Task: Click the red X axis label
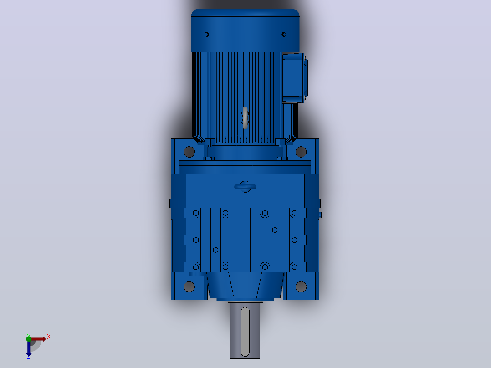[x=49, y=337]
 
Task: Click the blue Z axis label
[x=29, y=357]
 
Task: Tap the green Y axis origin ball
[x=29, y=338]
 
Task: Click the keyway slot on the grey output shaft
[x=245, y=332]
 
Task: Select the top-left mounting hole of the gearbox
[x=189, y=152]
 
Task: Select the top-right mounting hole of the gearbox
[x=301, y=152]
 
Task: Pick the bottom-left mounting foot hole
[x=189, y=286]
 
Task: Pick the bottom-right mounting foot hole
[x=301, y=286]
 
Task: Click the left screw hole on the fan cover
[x=206, y=35]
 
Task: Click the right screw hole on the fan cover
[x=284, y=35]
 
